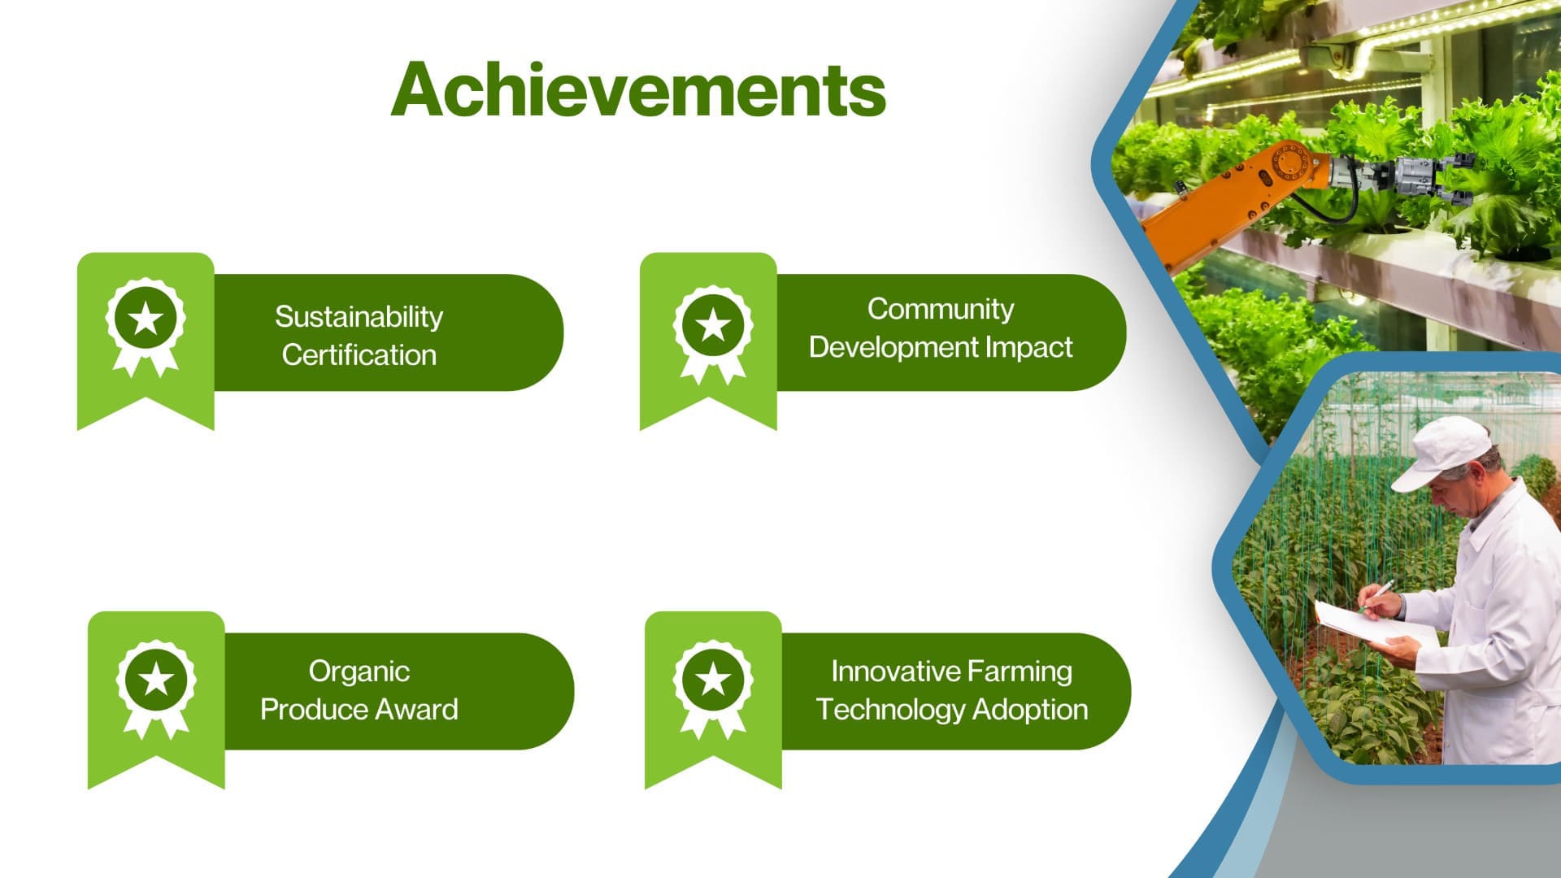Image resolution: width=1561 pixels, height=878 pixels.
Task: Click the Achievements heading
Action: coord(638,89)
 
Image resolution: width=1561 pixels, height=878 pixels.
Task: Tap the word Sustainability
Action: coord(359,317)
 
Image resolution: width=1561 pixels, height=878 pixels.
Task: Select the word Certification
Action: coord(359,354)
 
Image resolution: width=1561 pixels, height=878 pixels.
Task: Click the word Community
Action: coord(941,310)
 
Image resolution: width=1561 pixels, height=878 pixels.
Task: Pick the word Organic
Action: coord(359,672)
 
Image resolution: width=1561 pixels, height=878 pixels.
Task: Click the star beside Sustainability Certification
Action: coord(146,319)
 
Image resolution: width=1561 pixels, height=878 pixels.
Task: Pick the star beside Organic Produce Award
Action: coord(156,678)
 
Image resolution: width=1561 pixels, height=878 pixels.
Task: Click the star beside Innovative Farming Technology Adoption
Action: coord(713,678)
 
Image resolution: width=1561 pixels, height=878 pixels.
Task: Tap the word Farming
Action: coord(1020,672)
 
